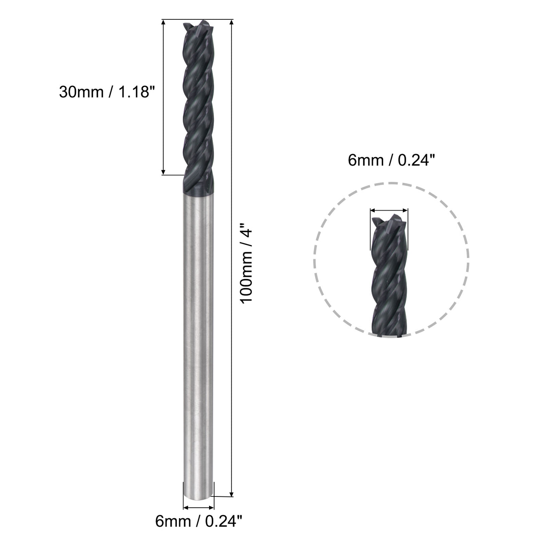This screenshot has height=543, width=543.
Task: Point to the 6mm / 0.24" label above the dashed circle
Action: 389,160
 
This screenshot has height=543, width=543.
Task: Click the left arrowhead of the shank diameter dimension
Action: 186,507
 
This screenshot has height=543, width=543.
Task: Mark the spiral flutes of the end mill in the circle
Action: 389,279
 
